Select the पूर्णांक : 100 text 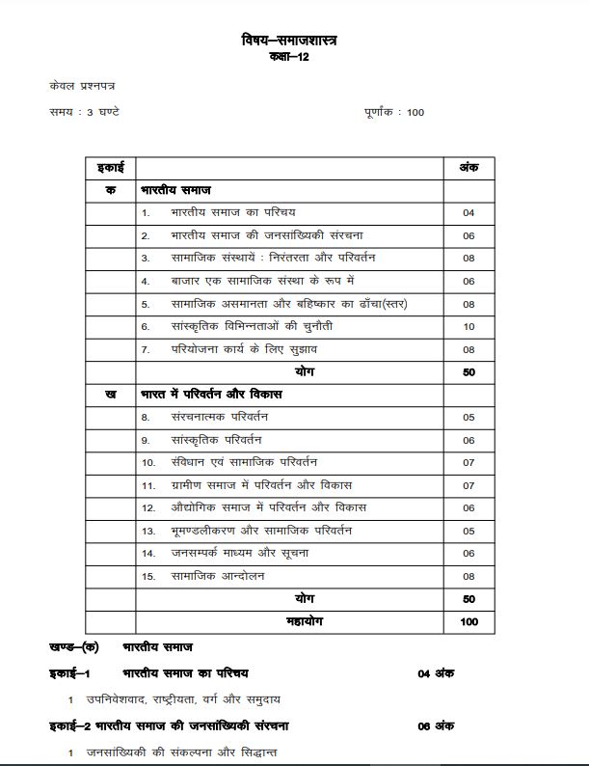(x=394, y=112)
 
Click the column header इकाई (x=111, y=168)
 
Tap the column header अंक (x=468, y=168)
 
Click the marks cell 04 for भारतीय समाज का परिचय (x=469, y=212)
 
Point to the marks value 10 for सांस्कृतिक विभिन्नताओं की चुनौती (x=469, y=326)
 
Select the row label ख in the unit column (x=111, y=395)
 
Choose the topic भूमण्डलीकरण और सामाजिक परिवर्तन (x=260, y=531)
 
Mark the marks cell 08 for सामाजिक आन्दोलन (x=469, y=576)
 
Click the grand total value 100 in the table (x=469, y=622)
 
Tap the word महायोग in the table (x=303, y=622)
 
